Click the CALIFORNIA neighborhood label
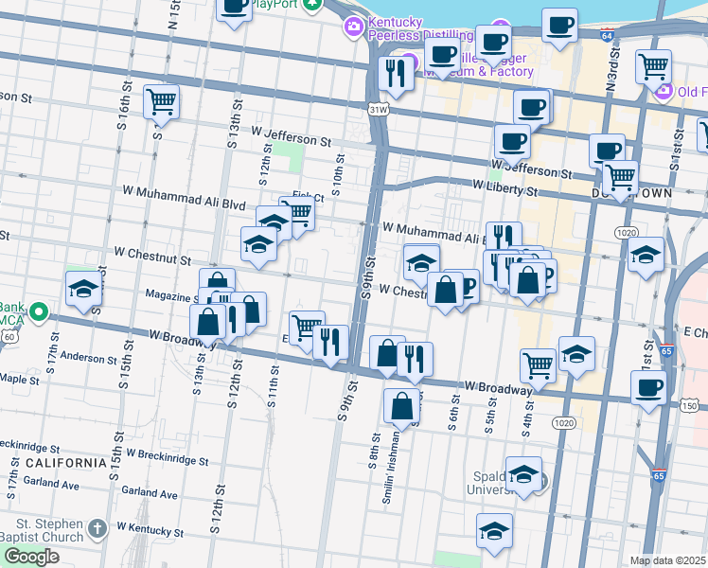click(x=65, y=463)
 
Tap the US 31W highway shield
click(x=379, y=110)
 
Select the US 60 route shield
click(x=9, y=335)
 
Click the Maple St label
click(x=18, y=379)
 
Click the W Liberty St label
click(x=504, y=190)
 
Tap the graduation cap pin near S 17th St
click(x=83, y=288)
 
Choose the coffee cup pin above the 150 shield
click(x=648, y=386)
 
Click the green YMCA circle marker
click(x=39, y=311)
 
